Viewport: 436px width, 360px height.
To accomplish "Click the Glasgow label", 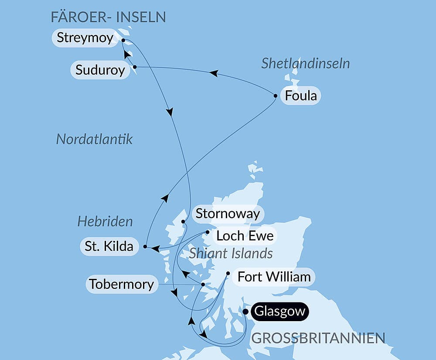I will (279, 312).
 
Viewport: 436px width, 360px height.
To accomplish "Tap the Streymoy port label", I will (85, 38).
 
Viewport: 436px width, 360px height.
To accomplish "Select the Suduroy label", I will (100, 70).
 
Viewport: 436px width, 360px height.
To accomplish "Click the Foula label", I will (300, 96).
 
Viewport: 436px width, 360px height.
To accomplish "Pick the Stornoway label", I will (228, 214).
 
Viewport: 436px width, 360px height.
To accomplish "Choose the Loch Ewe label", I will (245, 236).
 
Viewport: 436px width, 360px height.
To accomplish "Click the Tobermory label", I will (121, 284).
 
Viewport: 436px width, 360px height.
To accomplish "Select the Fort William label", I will (274, 277).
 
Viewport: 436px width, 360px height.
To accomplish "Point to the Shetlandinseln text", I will (306, 64).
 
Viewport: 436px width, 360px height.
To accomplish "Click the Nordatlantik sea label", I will (95, 139).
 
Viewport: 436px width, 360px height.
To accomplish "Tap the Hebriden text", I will (105, 221).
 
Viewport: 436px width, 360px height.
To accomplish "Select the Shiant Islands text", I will (231, 253).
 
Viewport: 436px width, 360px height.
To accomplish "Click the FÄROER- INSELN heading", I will (108, 17).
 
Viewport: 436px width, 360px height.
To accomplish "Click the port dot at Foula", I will (276, 96).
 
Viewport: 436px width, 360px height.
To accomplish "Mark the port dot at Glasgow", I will (245, 312).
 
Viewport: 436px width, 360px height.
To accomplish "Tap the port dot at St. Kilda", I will (145, 247).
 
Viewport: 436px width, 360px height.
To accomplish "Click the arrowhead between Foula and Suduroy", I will (213, 73).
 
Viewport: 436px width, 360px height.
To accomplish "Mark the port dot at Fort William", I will (228, 274).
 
